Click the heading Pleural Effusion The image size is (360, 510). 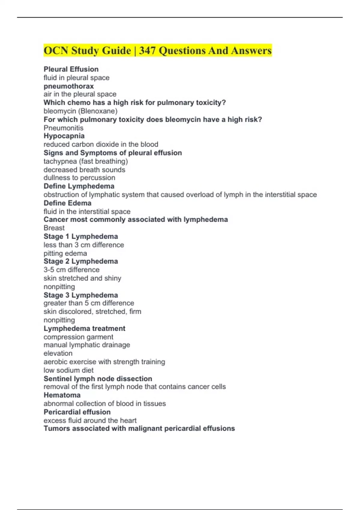click(71, 69)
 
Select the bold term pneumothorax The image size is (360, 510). click(69, 86)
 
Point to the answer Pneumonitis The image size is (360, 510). click(64, 128)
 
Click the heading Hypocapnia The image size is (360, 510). click(64, 136)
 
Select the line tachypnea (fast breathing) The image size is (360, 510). click(86, 161)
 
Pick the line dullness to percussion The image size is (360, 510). click(79, 178)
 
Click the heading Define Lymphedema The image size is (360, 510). click(79, 186)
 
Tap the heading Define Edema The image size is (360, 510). click(67, 203)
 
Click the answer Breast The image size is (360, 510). click(54, 228)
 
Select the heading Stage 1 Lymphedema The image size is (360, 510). click(81, 236)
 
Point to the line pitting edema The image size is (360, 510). click(65, 253)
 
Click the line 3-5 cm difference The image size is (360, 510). click(71, 270)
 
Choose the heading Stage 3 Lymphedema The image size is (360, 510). click(81, 295)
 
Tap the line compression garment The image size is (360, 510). click(79, 337)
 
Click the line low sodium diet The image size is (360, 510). click(69, 370)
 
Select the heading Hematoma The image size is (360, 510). click(62, 395)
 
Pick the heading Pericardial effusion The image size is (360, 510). click(77, 412)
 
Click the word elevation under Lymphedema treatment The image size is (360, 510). click(58, 353)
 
